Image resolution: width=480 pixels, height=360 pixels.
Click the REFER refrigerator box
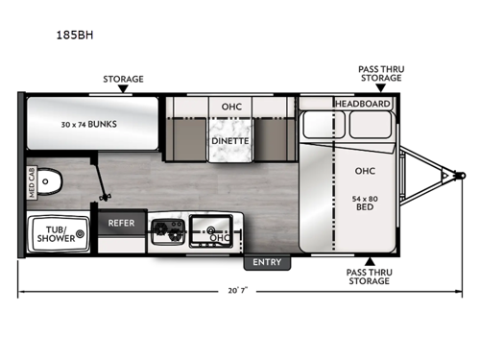pos(121,222)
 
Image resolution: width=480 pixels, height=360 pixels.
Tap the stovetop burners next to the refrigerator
pos(168,229)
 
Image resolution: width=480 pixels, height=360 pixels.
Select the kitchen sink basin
pos(212,230)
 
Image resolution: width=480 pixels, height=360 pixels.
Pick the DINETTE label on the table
pos(230,139)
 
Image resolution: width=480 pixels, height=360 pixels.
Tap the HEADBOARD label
pos(363,104)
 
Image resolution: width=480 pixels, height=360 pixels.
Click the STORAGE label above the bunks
pos(124,78)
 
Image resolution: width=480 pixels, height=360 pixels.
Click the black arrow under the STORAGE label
pos(124,88)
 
